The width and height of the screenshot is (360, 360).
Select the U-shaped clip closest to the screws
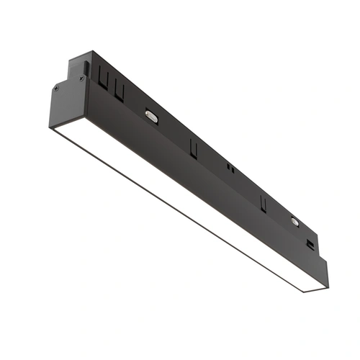pyautogui.click(x=104, y=81)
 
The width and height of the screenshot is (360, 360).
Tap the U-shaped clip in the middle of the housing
pyautogui.click(x=194, y=147)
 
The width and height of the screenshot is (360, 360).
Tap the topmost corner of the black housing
pyautogui.click(x=91, y=51)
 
